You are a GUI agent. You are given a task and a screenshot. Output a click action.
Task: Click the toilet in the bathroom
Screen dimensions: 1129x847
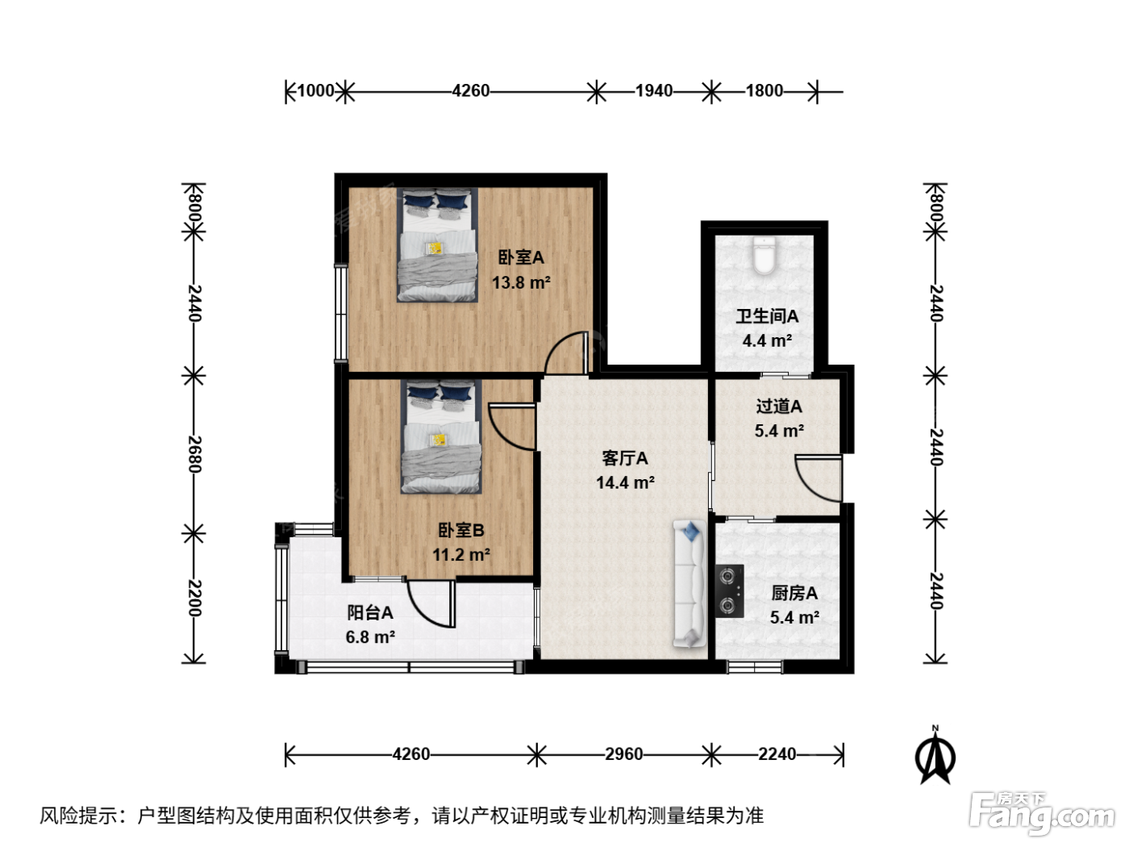[764, 255]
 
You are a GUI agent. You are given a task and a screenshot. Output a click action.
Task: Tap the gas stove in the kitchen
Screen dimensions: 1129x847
[729, 591]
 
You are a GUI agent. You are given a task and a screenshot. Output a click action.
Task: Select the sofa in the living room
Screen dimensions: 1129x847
[689, 584]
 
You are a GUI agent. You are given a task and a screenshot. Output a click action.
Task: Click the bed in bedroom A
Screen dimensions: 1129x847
[437, 244]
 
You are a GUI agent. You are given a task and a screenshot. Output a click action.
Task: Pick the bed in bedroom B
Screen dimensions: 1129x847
[441, 436]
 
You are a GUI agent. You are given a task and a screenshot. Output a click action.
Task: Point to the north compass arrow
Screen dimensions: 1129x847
[935, 756]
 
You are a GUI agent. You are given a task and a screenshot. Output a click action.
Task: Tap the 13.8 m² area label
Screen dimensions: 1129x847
[521, 282]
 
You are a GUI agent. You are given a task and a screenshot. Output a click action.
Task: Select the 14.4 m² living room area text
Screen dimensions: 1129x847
[625, 482]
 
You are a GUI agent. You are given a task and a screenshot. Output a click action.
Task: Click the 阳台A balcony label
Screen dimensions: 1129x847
[370, 612]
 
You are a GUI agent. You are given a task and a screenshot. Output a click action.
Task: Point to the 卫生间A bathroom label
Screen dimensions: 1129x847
[767, 315]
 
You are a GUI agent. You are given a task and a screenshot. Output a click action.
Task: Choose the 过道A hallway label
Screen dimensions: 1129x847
[779, 407]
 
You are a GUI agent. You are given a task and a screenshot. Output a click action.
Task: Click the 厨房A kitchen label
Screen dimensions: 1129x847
[794, 593]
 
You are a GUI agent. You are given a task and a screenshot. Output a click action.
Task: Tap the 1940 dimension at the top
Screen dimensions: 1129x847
[654, 91]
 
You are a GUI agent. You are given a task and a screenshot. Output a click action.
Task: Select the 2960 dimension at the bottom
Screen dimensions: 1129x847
[624, 754]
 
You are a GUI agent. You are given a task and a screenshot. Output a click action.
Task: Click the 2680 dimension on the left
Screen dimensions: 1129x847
[194, 454]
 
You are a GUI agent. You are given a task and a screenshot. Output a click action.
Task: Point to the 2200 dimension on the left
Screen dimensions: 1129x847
[194, 598]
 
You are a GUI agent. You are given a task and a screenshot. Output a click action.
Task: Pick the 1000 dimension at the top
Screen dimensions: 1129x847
[316, 91]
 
